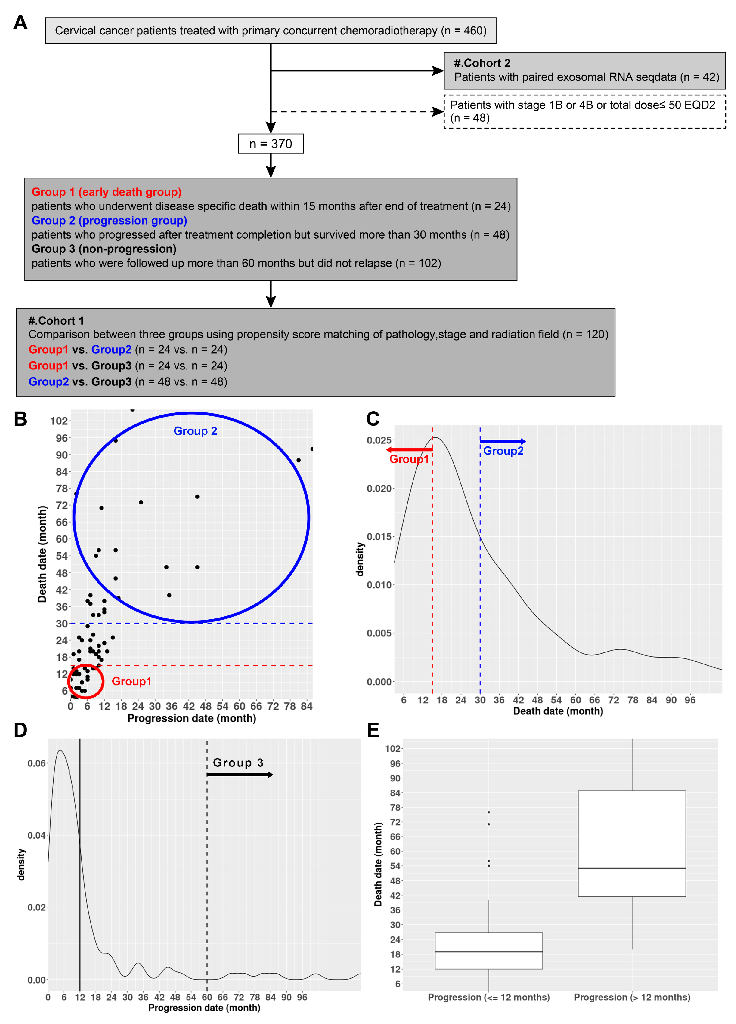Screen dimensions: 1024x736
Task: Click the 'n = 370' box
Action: pyautogui.click(x=271, y=143)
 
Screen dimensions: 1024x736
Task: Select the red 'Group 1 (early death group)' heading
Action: pyautogui.click(x=106, y=192)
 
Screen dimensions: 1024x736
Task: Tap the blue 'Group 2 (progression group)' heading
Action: pyautogui.click(x=109, y=220)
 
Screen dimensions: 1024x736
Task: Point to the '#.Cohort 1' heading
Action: pyautogui.click(x=56, y=321)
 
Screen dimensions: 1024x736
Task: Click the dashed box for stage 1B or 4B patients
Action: pyautogui.click(x=585, y=112)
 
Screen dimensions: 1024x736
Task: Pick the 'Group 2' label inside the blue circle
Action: pyautogui.click(x=195, y=431)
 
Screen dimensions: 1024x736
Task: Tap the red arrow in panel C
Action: pyautogui.click(x=409, y=450)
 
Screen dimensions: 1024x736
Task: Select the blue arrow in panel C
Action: pyautogui.click(x=502, y=441)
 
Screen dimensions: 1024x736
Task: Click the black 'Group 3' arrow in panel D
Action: pyautogui.click(x=239, y=775)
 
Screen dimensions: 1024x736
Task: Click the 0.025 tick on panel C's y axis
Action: pyautogui.click(x=379, y=440)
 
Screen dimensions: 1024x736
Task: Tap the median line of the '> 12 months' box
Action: pyautogui.click(x=632, y=868)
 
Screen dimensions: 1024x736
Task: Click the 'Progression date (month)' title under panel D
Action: pyautogui.click(x=204, y=1008)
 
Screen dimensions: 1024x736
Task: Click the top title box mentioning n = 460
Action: pyautogui.click(x=271, y=31)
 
